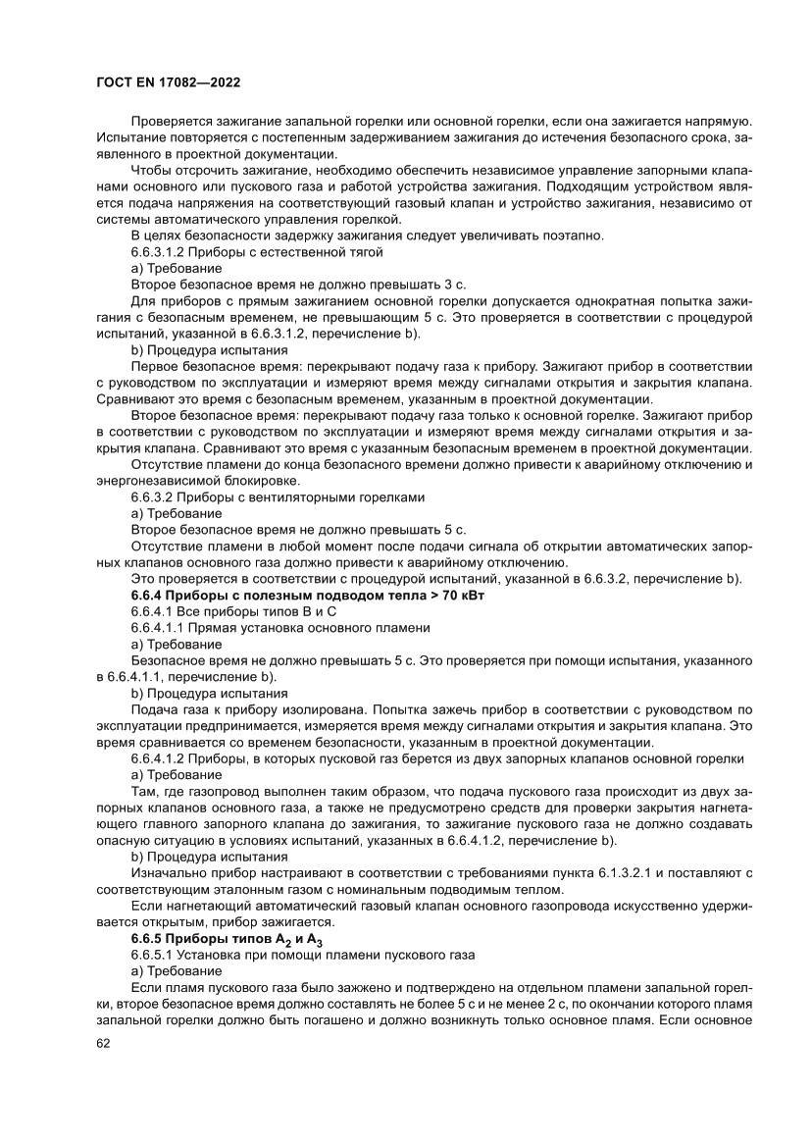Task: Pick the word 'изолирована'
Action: click(x=318, y=708)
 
